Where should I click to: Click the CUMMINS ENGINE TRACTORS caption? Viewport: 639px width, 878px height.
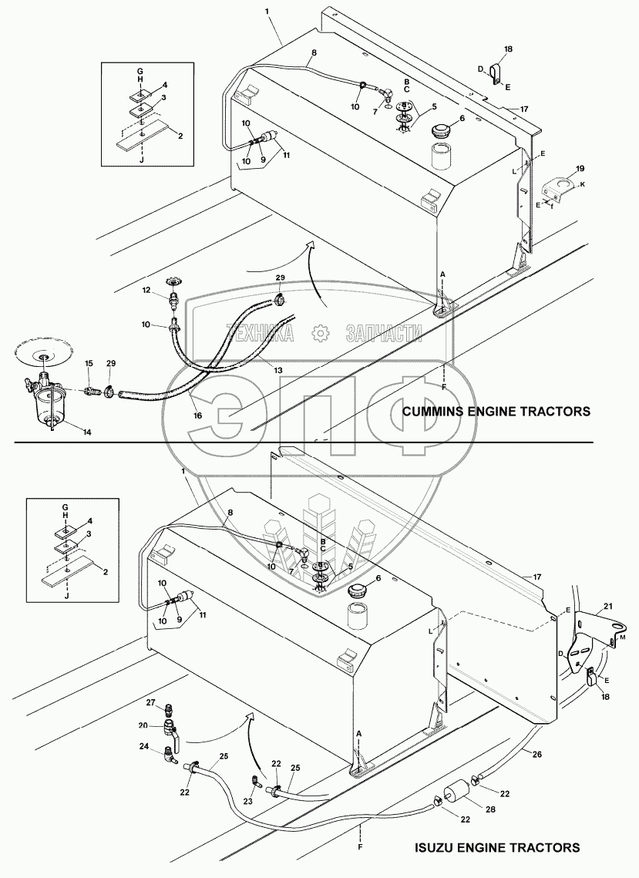(496, 412)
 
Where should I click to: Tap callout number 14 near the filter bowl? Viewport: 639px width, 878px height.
(87, 432)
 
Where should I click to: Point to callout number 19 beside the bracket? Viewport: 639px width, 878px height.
(580, 167)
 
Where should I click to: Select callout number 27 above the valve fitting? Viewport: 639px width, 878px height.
(151, 702)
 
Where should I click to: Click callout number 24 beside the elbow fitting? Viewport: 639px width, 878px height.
(144, 746)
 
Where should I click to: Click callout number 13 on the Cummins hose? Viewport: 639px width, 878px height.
(277, 370)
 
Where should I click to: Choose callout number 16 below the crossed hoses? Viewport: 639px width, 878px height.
(198, 415)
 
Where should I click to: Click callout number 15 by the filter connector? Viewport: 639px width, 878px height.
(89, 362)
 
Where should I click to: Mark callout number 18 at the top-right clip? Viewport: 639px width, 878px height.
(507, 49)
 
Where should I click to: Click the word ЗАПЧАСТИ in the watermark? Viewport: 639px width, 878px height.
(385, 333)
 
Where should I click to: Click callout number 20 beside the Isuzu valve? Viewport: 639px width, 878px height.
(145, 725)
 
